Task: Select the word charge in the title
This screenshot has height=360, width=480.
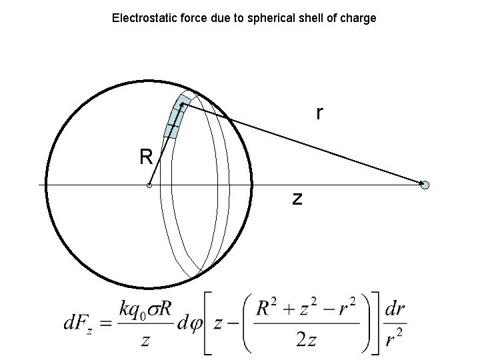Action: pos(359,18)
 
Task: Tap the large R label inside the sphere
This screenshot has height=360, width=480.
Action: pos(146,157)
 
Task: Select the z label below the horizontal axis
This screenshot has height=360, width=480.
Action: pos(297,197)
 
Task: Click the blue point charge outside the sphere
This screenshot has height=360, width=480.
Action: pos(425,185)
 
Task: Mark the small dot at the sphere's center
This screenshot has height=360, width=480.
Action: pos(149,185)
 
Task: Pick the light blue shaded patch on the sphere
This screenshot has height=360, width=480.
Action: pos(175,116)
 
